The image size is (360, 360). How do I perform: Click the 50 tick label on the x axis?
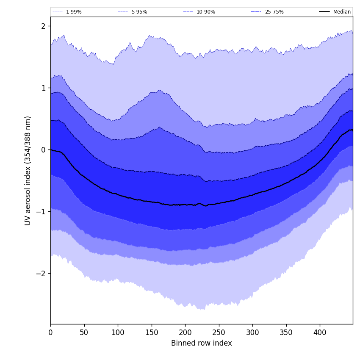[84, 332]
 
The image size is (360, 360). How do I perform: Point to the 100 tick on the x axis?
[118, 332]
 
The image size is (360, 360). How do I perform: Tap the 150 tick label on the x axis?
[152, 332]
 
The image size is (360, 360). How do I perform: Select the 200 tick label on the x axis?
[185, 332]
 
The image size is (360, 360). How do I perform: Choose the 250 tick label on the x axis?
[219, 332]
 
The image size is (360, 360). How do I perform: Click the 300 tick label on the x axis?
[252, 332]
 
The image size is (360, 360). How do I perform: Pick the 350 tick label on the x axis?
[286, 332]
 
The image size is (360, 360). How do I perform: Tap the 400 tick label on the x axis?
[320, 332]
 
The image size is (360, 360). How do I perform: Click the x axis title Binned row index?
[202, 343]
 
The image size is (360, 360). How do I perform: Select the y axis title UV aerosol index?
[28, 171]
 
